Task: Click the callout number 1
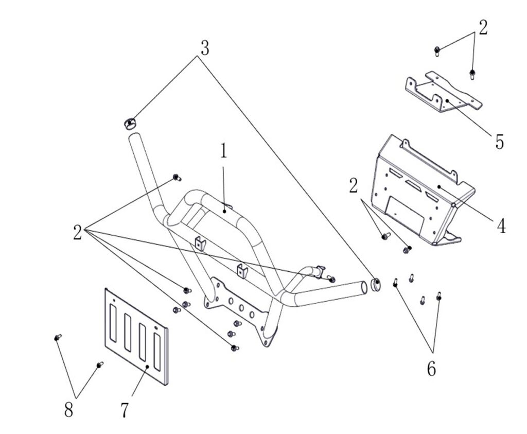pos(223,151)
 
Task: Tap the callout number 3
pos(205,48)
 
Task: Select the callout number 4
pos(501,226)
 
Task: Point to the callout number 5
pos(499,142)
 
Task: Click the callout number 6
pos(432,369)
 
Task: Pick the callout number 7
pos(125,410)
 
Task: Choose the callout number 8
pos(68,410)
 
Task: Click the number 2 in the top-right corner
pos(483,28)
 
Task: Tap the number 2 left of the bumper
pos(77,232)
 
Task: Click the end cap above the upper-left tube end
pos(129,124)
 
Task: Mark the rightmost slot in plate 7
pos(157,352)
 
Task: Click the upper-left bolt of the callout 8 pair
pos(58,337)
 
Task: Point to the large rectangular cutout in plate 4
pos(405,215)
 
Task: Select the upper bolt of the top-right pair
pos(437,51)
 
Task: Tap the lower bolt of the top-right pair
pos(472,74)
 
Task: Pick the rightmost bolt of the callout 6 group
pos(438,296)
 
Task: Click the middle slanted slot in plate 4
pos(413,184)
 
